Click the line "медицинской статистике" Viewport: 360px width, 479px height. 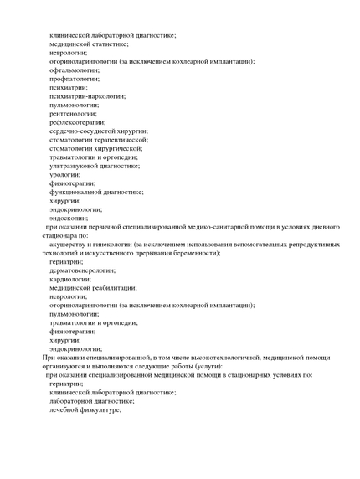[x=88, y=44]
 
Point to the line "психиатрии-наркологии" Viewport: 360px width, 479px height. [x=87, y=95]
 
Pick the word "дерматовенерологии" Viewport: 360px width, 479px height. [x=82, y=270]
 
